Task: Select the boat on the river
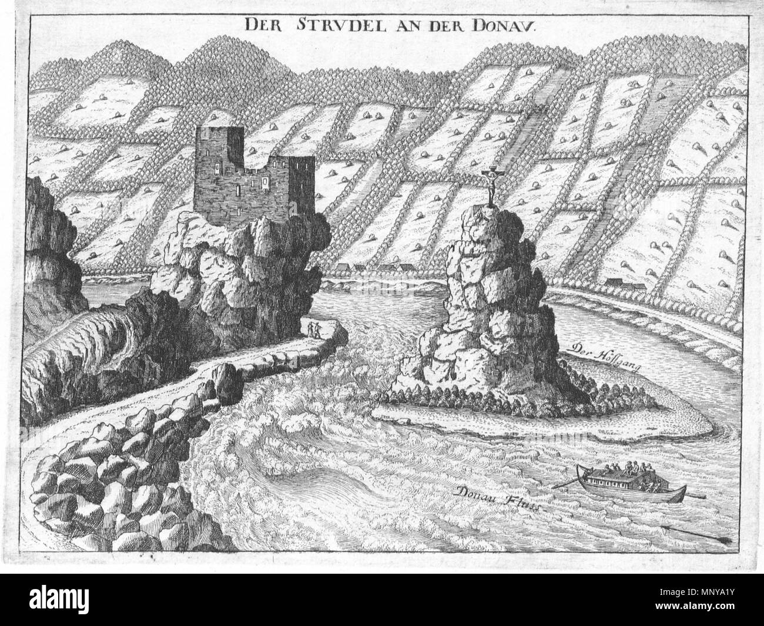click(626, 483)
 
